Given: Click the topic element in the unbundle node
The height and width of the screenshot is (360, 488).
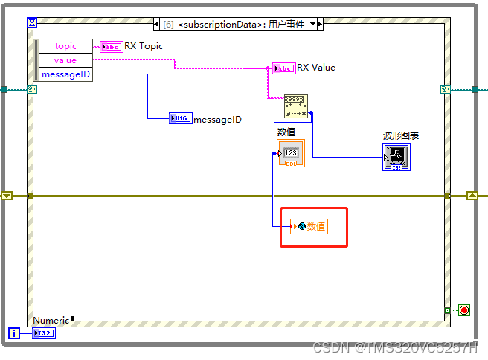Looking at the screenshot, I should [x=65, y=46].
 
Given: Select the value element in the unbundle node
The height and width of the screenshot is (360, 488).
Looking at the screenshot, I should [x=65, y=60].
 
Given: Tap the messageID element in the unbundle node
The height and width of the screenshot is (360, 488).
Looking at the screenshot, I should [x=65, y=74].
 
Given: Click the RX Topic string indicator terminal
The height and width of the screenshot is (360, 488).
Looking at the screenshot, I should [x=111, y=46].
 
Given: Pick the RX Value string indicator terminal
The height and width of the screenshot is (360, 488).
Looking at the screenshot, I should [x=283, y=68].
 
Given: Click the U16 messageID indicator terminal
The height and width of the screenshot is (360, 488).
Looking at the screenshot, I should [x=180, y=118].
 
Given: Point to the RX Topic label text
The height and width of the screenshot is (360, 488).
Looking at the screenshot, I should [x=144, y=46].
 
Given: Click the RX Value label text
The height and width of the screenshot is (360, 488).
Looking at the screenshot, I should [x=316, y=68].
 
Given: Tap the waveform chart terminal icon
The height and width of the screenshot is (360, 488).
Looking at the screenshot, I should [x=396, y=157].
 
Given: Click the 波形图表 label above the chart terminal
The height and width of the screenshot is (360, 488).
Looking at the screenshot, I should [x=401, y=136].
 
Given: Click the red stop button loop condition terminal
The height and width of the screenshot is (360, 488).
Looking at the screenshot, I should [x=464, y=310].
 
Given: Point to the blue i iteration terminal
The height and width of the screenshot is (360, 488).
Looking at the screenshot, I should [x=13, y=332].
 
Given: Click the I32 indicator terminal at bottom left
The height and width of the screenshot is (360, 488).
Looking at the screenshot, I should [x=44, y=332].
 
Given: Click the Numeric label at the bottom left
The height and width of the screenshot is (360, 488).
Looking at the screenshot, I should [x=51, y=320].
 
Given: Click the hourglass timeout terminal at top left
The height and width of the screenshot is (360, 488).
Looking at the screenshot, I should [x=31, y=23].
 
